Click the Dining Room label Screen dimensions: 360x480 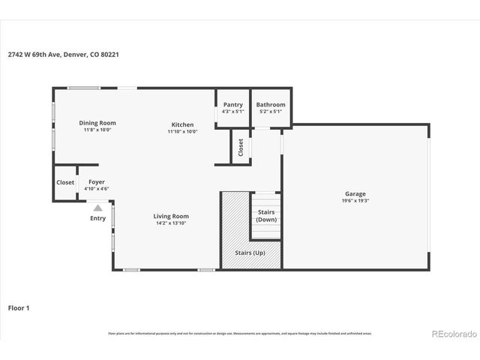[x=97, y=123]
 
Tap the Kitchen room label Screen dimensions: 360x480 [x=182, y=124]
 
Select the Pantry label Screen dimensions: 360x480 [x=232, y=105]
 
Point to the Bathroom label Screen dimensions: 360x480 [x=270, y=105]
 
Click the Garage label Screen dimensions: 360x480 [x=355, y=193]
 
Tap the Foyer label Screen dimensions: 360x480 [x=97, y=181]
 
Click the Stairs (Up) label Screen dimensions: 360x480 [x=250, y=253]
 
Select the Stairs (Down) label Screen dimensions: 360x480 [x=266, y=216]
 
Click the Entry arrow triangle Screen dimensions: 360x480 [x=97, y=208]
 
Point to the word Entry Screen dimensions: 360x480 [x=97, y=218]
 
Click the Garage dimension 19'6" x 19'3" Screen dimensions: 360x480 [x=355, y=200]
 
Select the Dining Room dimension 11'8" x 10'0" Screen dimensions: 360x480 [x=97, y=130]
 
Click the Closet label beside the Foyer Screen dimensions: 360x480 [x=65, y=182]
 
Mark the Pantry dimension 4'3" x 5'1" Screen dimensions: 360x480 [x=232, y=112]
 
